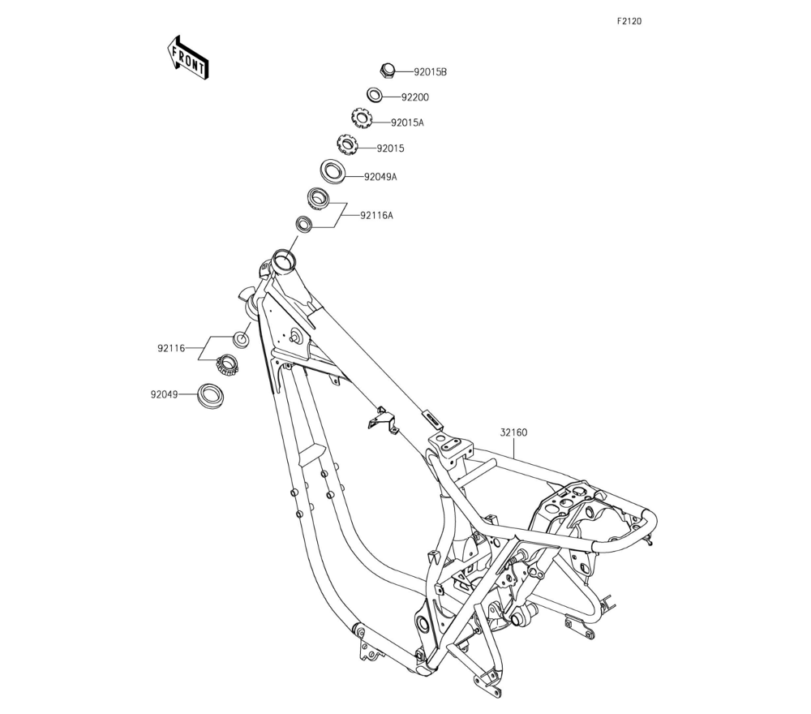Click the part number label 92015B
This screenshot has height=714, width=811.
pos(430,71)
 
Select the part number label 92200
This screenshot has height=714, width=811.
pos(414,97)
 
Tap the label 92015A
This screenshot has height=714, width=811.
pos(407,123)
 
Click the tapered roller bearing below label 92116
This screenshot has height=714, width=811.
pos(227,365)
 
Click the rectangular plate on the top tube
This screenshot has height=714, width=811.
pos(433,419)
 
